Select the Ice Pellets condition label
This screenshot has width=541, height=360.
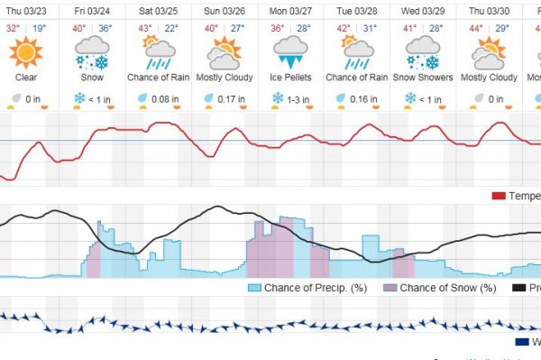pos(289,78)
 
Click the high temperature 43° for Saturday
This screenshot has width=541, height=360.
pos(144,28)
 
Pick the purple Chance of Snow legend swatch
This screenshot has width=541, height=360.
pos(390,288)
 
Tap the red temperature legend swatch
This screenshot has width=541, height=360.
pos(498,196)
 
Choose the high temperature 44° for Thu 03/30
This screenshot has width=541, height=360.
pos(476,28)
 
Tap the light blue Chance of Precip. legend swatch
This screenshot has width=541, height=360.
pos(254,288)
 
